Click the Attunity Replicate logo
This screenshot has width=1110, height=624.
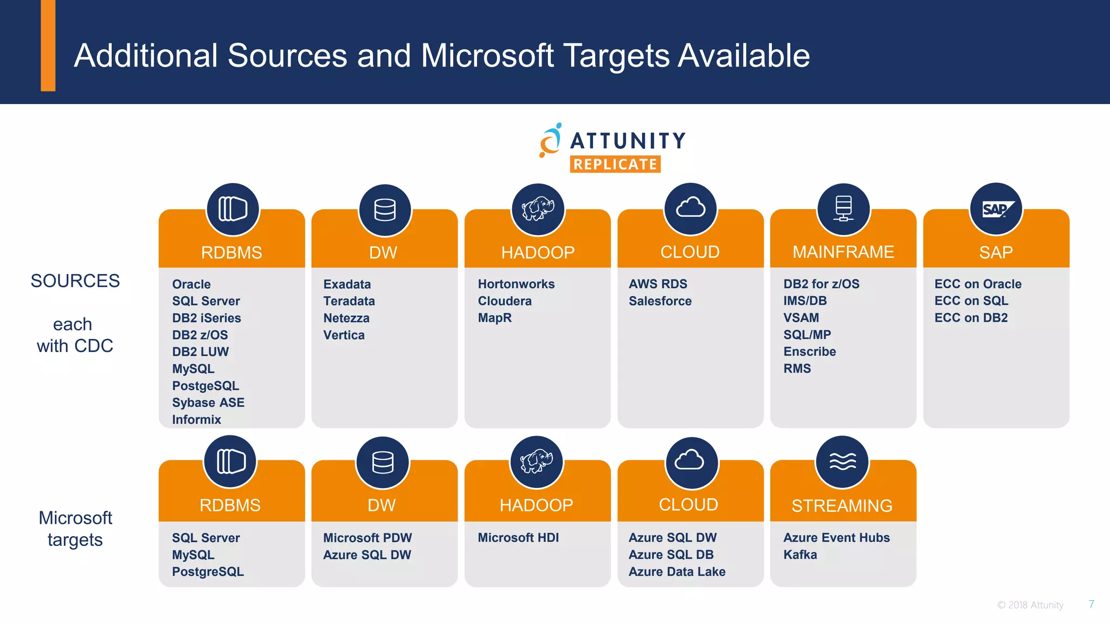[612, 148]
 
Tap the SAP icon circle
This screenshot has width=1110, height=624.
[996, 209]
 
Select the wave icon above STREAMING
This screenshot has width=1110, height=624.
[842, 462]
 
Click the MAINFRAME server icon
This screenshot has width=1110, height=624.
[843, 209]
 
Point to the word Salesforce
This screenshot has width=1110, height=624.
[660, 301]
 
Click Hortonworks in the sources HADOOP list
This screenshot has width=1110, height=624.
[516, 284]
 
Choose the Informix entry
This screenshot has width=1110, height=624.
[196, 420]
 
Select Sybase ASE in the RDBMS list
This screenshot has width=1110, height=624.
[208, 403]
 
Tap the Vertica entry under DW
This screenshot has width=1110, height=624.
[344, 335]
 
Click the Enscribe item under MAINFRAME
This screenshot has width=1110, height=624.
[809, 352]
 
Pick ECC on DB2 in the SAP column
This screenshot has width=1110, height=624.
[971, 318]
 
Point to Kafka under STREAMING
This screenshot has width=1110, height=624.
[800, 555]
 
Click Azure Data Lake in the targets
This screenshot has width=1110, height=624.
[677, 571]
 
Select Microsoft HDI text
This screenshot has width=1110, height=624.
[518, 538]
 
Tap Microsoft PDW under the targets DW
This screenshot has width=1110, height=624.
[367, 538]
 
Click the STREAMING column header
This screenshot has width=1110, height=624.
[842, 505]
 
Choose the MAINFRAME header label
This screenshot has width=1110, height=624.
[843, 252]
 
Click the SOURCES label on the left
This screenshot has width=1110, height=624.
[75, 281]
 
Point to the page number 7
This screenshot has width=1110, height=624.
[1092, 604]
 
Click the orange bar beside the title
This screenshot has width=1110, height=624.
[48, 45]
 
